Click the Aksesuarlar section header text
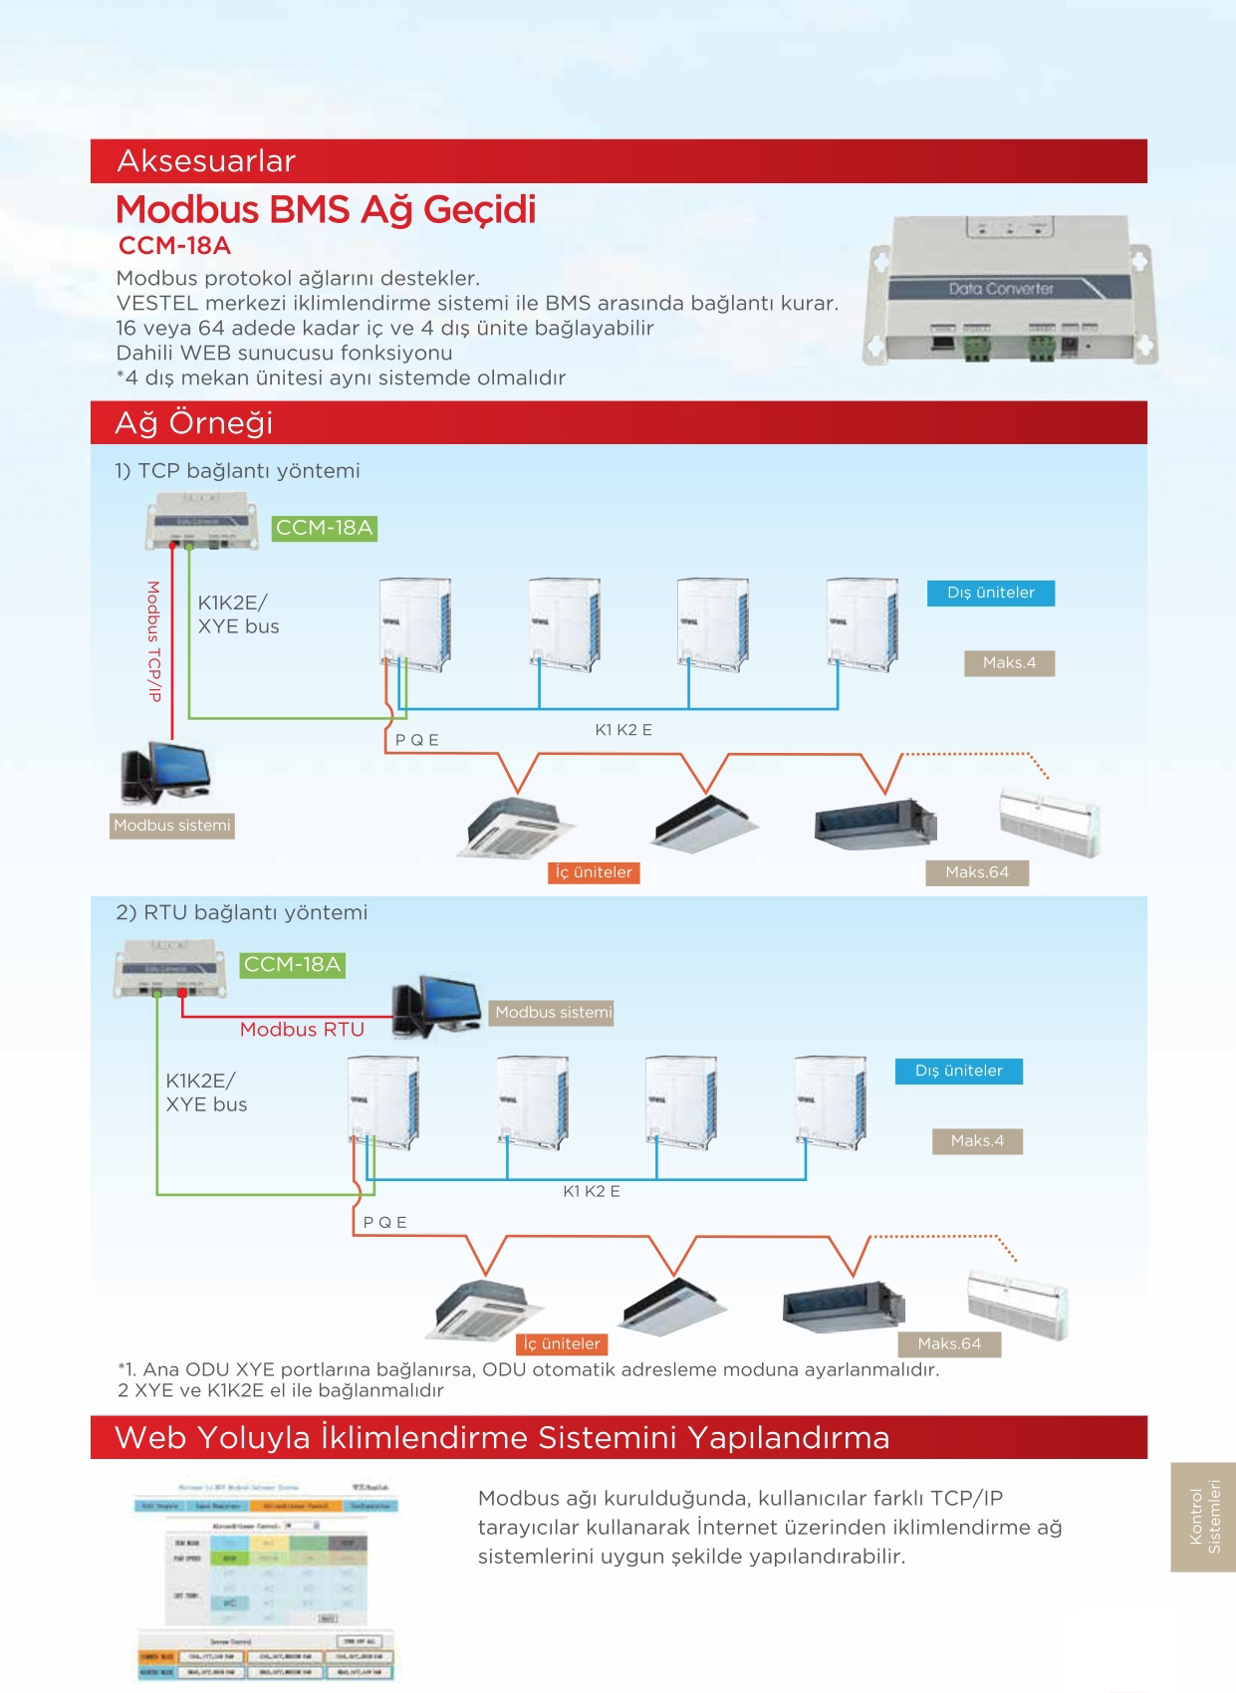[x=206, y=161]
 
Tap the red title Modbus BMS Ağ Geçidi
[x=326, y=210]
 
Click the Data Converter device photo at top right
[x=1010, y=289]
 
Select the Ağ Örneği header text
[x=194, y=423]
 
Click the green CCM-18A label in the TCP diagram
[x=325, y=528]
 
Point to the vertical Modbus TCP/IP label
[x=154, y=641]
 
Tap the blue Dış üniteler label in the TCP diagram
[x=990, y=593]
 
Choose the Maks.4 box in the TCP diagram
[x=1009, y=663]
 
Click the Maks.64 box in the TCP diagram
[x=976, y=872]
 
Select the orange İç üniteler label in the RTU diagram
[x=563, y=1343]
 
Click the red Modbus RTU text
[x=302, y=1030]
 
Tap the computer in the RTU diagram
[x=435, y=1007]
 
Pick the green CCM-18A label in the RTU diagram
[x=293, y=964]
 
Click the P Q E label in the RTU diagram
[x=384, y=1222]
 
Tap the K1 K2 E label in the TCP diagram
[x=623, y=730]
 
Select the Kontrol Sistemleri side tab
[x=1204, y=1516]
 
